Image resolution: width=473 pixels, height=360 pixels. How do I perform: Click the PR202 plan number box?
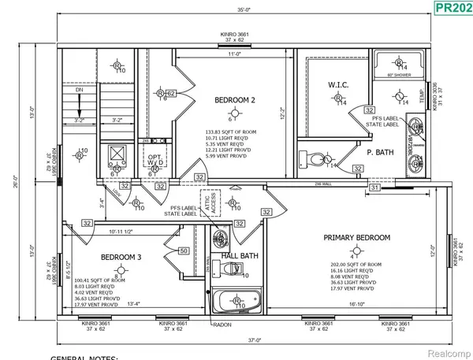click(x=452, y=9)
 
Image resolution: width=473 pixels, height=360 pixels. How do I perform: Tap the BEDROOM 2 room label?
click(x=235, y=100)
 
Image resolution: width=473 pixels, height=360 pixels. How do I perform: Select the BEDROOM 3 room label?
click(x=121, y=257)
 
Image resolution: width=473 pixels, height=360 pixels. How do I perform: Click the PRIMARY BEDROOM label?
click(x=357, y=237)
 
